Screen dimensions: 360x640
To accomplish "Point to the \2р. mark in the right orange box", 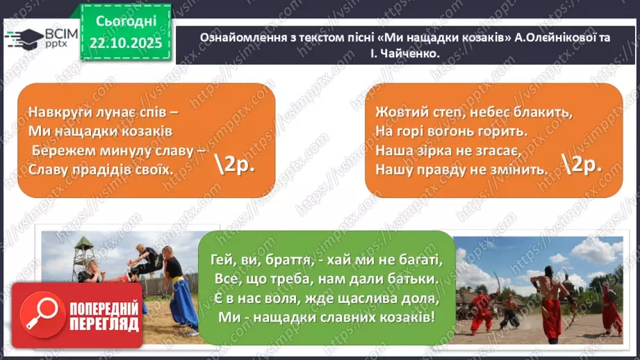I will tap(579, 164).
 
